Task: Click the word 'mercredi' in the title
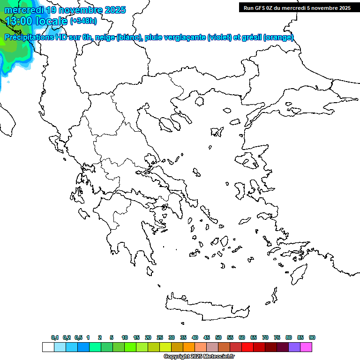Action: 24,10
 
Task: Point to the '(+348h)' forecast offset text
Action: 83,21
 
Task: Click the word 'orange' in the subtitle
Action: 278,37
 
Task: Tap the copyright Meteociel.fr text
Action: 199,357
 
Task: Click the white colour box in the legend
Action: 48,347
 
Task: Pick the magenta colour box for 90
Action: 306,347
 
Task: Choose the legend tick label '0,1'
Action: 55,337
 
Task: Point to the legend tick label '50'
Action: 218,337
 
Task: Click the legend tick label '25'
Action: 160,337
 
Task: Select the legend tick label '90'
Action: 312,337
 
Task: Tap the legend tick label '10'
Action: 125,337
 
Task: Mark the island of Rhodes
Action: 298,272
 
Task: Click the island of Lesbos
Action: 247,160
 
